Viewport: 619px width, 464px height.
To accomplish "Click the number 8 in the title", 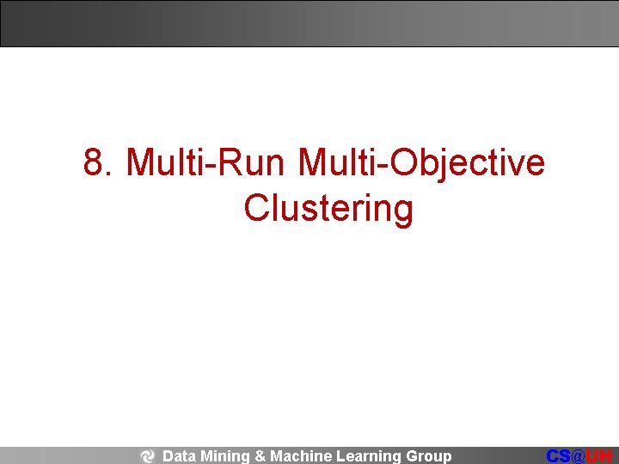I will coord(95,162).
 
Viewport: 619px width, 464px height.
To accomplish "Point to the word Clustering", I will coord(328,208).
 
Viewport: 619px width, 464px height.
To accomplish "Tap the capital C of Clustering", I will coord(257,208).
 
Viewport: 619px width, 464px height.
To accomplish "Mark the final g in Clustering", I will coord(402,211).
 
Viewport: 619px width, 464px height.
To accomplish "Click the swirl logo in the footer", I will coord(147,456).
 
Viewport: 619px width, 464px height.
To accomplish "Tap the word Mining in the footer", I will coord(224,456).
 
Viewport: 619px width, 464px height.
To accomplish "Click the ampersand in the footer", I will coord(260,456).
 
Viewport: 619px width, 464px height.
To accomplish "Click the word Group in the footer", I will coord(428,456).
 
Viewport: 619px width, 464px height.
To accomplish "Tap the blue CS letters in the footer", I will coord(560,456).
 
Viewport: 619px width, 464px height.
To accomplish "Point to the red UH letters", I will coord(599,456).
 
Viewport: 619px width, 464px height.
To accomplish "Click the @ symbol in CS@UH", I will coord(579,456).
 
